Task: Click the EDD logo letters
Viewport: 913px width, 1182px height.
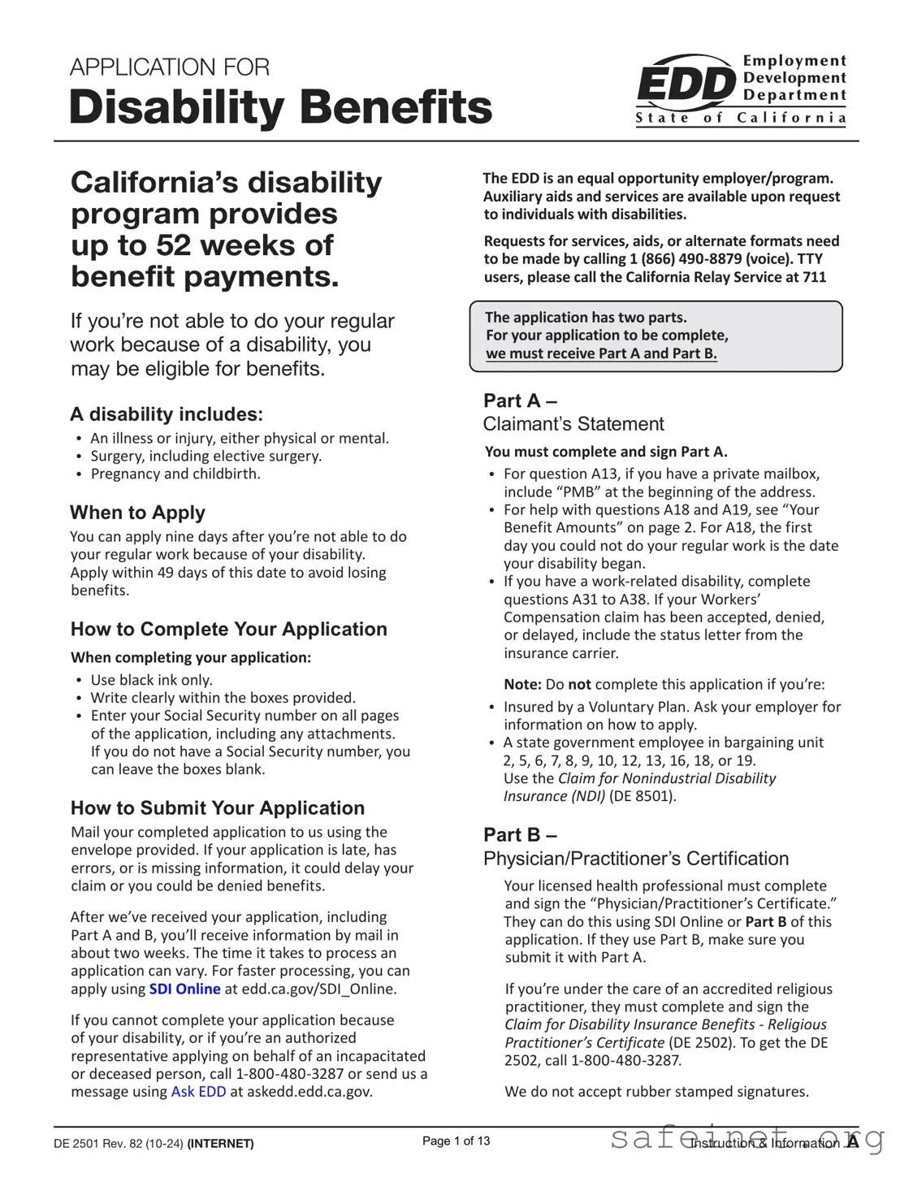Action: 686,84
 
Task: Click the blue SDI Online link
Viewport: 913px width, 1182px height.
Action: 184,989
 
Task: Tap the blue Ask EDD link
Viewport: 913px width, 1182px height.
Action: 198,1091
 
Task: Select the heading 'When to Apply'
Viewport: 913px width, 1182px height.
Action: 137,513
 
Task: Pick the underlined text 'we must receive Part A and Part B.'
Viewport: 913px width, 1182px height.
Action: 601,353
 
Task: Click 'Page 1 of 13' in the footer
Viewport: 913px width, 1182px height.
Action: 456,1141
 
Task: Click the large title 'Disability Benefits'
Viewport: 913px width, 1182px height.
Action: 280,107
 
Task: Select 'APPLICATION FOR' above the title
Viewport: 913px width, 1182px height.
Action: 169,67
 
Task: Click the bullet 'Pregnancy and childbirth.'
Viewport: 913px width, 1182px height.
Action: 175,474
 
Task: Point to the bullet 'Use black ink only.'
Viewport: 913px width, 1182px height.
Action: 151,680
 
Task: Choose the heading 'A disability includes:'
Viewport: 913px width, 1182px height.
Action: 166,414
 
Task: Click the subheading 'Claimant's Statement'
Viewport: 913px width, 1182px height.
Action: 573,424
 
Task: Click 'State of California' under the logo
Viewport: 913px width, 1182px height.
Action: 740,119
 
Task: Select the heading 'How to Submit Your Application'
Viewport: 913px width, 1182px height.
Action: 217,807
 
